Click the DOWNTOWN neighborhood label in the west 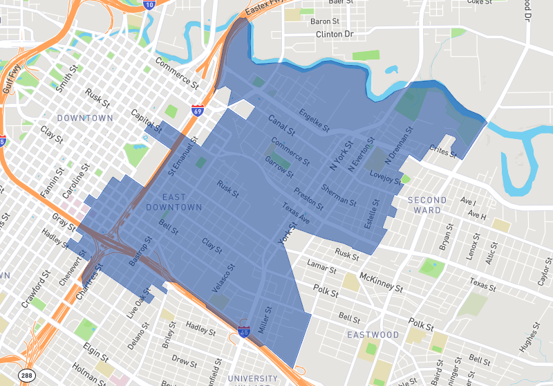85,118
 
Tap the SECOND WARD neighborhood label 427,205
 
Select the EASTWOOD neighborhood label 373,335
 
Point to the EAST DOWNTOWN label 173,202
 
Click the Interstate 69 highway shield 197,110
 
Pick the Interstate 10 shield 150,5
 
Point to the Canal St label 282,124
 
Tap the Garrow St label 279,166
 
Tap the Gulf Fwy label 10,77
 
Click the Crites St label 443,151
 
